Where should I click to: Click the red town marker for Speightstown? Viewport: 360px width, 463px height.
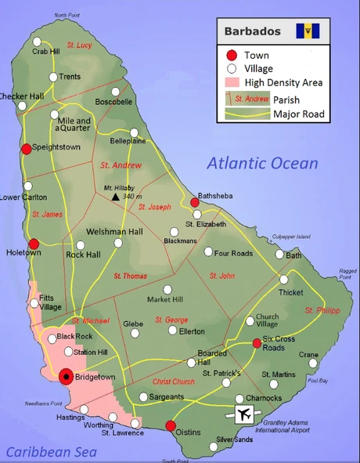coord(26,149)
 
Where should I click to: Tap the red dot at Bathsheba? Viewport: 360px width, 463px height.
coord(195,202)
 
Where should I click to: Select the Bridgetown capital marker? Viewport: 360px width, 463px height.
coord(67,377)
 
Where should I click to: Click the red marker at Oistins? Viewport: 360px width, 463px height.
coord(171,426)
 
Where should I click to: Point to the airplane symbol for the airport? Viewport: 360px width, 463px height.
coord(245,414)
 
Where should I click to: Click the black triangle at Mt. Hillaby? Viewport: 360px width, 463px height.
coord(116,197)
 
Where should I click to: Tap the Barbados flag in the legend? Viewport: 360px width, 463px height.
coord(308,32)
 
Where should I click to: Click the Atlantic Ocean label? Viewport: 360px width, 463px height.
coord(262,164)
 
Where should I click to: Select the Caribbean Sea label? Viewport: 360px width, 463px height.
coord(51,452)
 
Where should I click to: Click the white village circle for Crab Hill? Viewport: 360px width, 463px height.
coord(37,41)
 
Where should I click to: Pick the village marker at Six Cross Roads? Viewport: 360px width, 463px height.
coord(257,342)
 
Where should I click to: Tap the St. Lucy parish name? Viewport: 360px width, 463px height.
coord(79,45)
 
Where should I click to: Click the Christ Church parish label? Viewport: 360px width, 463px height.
coord(174,382)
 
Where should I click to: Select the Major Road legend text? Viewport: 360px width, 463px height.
coord(298,114)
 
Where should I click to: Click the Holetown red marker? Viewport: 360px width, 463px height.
coord(34,244)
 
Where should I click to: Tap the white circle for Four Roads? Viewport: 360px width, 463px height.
coord(208,252)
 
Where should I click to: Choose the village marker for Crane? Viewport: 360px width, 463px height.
coord(313,364)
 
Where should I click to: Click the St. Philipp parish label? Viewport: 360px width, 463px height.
coord(322,310)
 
